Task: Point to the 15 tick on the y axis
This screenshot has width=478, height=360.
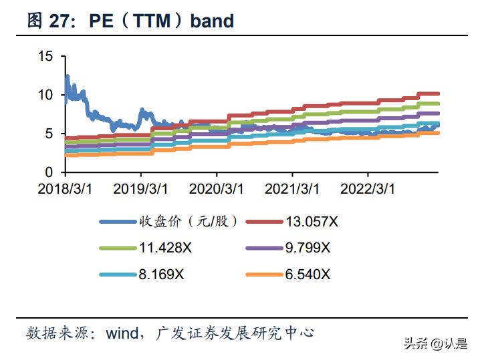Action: [45, 56]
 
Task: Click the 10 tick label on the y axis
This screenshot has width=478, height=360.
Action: [45, 95]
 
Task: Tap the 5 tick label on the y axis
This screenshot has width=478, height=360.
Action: [49, 134]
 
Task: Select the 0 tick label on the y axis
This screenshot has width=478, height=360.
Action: [49, 172]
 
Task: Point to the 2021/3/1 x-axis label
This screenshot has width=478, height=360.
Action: [292, 189]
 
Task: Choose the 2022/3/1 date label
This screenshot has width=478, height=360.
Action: [367, 189]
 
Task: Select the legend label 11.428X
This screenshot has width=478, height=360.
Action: [166, 248]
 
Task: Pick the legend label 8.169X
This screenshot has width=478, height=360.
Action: [162, 274]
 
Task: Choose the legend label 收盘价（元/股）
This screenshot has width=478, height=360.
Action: [189, 222]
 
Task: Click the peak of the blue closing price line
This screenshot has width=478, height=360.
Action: [67, 77]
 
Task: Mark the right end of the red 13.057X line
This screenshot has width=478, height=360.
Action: [438, 94]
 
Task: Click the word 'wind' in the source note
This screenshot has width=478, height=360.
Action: [122, 332]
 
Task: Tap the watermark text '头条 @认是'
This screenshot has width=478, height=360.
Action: [435, 343]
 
